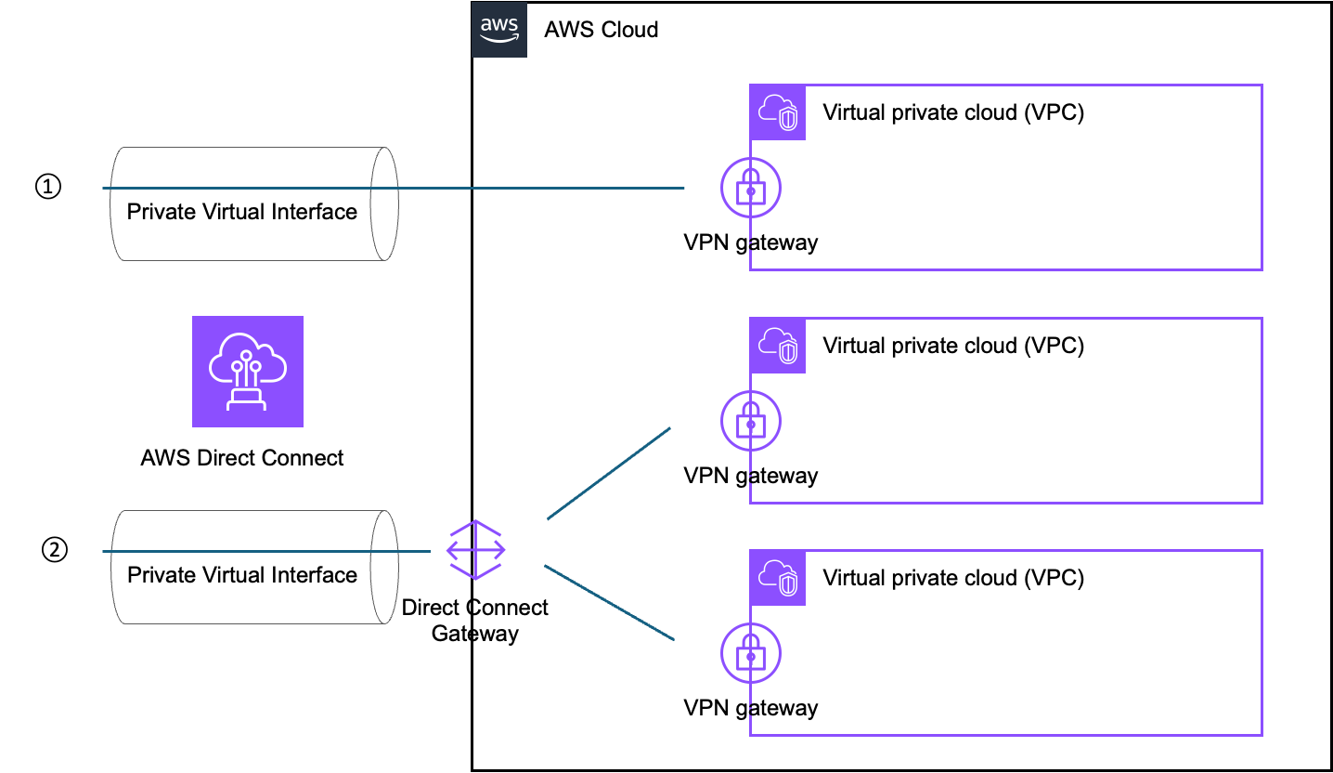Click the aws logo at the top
coord(499,30)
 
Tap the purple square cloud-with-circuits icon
coord(248,372)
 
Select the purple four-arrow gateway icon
coord(476,550)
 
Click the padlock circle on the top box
coord(751,188)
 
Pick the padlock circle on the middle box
coord(751,421)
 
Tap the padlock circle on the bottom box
coord(751,653)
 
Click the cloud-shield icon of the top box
coord(778,112)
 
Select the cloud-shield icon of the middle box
coord(778,346)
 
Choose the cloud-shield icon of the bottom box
coord(778,578)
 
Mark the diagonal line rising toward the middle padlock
coord(609,473)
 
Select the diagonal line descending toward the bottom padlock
coord(609,602)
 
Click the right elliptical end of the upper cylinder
coord(384,203)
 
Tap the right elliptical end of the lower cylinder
coord(384,567)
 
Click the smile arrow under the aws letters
coord(499,40)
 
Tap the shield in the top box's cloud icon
coord(788,119)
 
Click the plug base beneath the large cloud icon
coord(247,400)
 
